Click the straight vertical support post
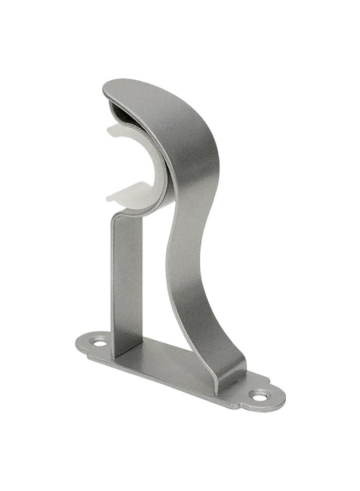127,284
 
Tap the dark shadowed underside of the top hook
131,112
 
